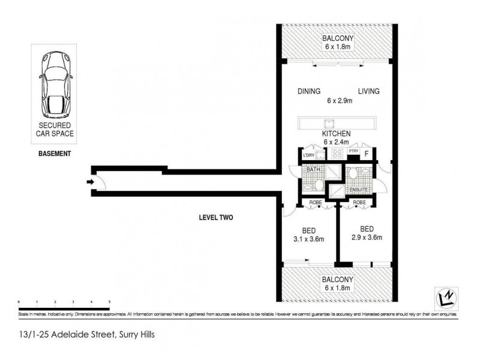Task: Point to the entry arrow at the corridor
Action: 90,182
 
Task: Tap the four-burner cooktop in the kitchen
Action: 337,154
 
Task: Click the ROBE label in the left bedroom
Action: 315,203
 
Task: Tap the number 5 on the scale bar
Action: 109,301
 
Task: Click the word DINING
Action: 308,91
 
